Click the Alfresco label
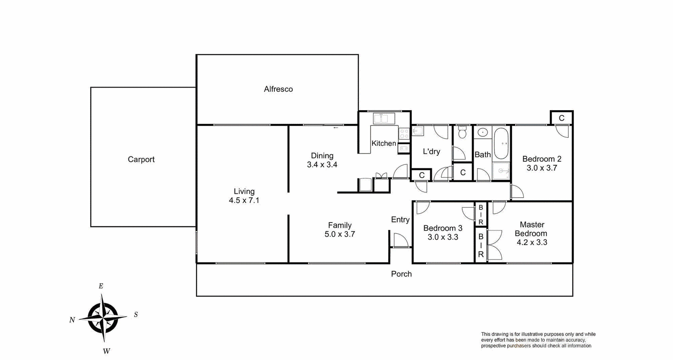point(278,89)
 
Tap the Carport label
point(141,159)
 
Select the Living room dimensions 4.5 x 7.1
point(244,200)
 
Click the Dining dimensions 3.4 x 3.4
point(322,165)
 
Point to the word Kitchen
point(384,143)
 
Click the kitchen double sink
point(384,119)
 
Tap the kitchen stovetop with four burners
point(404,134)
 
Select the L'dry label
point(432,151)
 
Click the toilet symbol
point(462,132)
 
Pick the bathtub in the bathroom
point(501,143)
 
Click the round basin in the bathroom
point(483,132)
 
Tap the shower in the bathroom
point(501,171)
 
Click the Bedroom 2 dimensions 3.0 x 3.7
point(542,168)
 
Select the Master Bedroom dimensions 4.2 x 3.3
point(532,242)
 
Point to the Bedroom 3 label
point(443,228)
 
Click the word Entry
point(400,220)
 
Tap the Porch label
point(401,274)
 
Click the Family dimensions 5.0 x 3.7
point(340,234)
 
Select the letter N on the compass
point(72,320)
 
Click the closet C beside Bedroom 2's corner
point(562,118)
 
